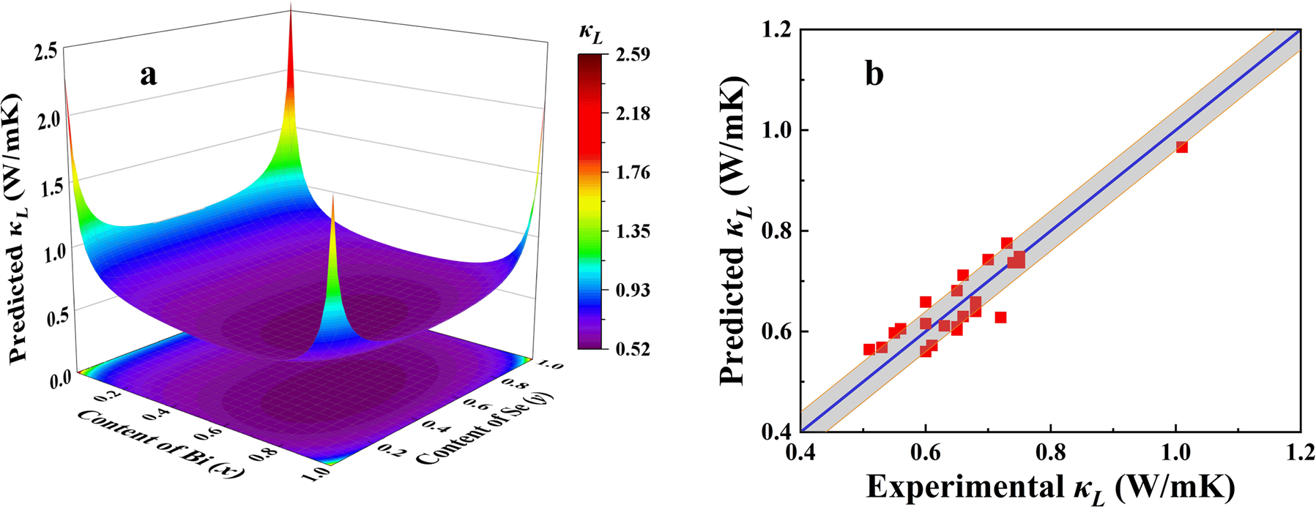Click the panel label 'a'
coord(149,75)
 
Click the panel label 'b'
coord(874,74)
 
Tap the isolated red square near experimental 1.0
coord(1181,147)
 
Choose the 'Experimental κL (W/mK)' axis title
coord(1050,486)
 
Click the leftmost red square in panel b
coord(869,350)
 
